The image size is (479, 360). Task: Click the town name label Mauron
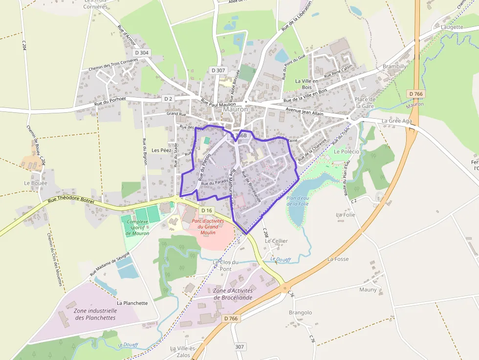point(236,109)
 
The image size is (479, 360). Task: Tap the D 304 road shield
point(141,53)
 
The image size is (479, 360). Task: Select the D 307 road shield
point(218,70)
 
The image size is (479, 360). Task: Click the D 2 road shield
point(168,99)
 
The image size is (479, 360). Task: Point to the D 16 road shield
point(207,211)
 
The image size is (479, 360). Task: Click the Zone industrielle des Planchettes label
point(95,314)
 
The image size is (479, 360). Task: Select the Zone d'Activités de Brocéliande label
point(233,294)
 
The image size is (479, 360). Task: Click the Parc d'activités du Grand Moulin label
point(208,227)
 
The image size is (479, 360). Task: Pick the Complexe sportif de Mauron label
point(137,228)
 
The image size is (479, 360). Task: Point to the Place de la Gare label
point(365,103)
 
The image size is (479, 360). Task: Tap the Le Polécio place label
point(347,151)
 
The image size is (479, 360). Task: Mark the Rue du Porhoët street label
point(110,101)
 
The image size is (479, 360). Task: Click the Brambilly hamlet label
point(394,66)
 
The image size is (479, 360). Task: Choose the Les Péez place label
point(161,150)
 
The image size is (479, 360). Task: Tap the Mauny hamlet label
point(368,290)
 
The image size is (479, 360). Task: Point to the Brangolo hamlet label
point(300,313)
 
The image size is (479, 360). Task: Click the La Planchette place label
point(132,303)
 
